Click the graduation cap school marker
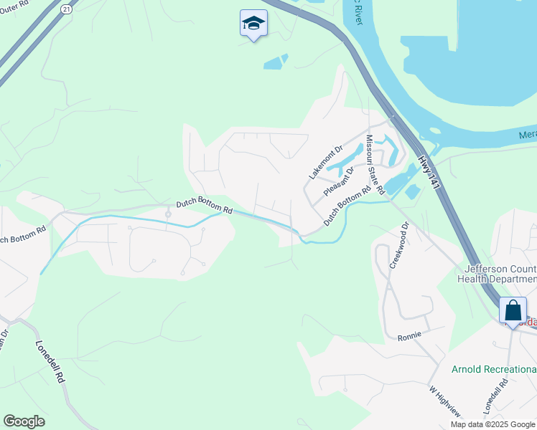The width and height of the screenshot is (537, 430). point(253,24)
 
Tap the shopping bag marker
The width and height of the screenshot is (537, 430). point(513,311)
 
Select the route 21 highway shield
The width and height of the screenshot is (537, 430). point(67,9)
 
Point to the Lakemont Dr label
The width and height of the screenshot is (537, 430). point(322,163)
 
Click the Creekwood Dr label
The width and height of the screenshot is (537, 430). point(398,244)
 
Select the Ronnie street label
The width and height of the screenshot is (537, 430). point(410,335)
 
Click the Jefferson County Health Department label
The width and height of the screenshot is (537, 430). point(497,273)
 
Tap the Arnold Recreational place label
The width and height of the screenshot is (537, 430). point(494,369)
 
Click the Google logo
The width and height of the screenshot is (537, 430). point(24,421)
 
